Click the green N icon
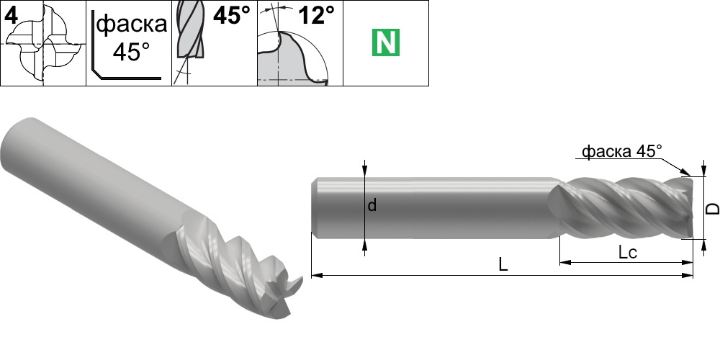[386, 42]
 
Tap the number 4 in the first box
[10, 16]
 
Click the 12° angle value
[316, 16]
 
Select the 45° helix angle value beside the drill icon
[232, 16]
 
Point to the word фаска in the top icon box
[132, 24]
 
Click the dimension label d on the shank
[372, 205]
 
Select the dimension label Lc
[627, 251]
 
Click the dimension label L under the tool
[503, 264]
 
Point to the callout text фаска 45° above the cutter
[622, 150]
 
